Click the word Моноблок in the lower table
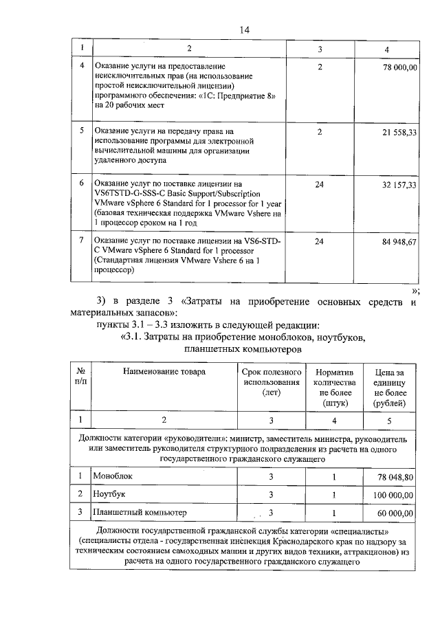114,476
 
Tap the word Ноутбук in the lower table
111,494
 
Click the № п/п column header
80,377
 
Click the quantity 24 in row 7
319,242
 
